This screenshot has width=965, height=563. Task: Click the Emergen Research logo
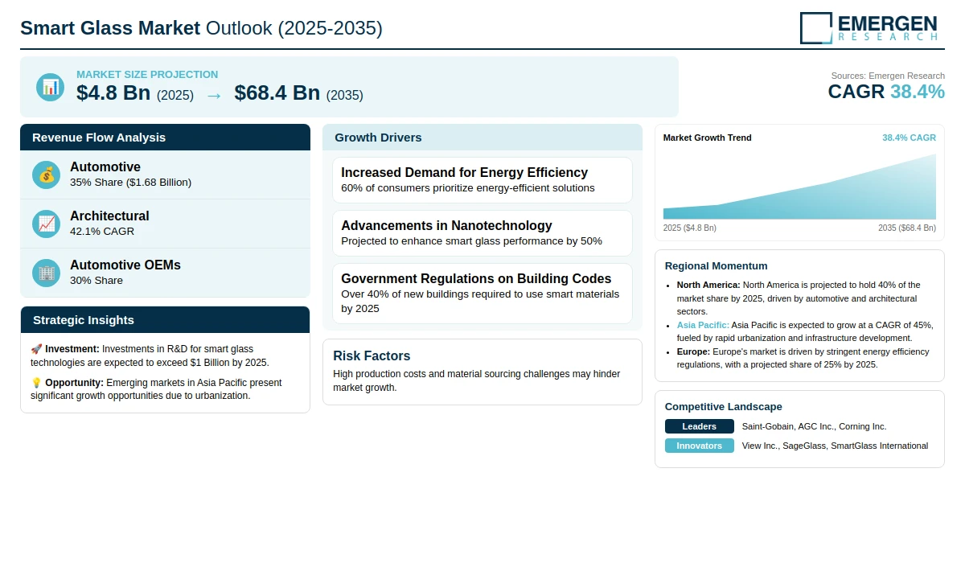coord(868,27)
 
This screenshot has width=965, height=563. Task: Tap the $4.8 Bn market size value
coord(113,93)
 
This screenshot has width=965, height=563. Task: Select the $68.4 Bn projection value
coord(277,93)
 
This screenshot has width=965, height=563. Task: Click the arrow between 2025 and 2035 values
coord(214,95)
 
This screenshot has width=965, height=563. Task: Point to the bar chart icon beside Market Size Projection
coord(50,87)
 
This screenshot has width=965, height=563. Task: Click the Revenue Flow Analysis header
coord(99,138)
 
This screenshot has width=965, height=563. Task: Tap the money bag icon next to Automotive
coord(46,175)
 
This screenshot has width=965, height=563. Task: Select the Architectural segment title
coord(109,216)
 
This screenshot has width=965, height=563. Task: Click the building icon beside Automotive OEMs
coord(46,273)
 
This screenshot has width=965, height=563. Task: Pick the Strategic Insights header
coord(84,320)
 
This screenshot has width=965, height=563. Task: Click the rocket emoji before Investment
coord(36,349)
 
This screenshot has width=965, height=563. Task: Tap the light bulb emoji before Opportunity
coord(36,383)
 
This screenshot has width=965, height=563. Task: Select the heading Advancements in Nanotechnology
coord(446,225)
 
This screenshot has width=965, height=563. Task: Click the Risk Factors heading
coord(372,355)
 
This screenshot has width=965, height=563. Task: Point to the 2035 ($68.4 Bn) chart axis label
coord(906,228)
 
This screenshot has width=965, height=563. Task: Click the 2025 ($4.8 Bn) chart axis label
coord(689,228)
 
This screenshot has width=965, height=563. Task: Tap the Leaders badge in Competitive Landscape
coord(699,426)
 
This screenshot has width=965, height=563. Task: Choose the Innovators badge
coord(699,446)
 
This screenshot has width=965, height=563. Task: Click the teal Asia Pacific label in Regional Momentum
coord(703,325)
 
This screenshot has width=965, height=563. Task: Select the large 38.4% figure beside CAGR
coord(917,92)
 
